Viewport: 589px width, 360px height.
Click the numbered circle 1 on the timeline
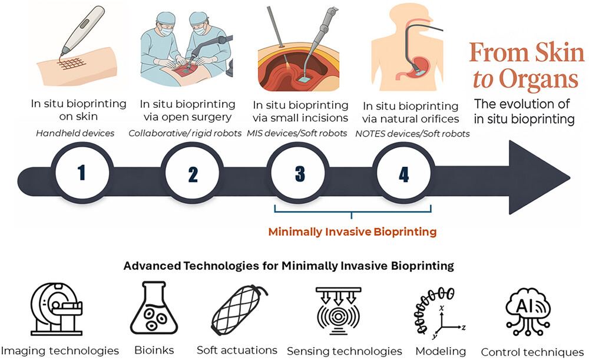[x=82, y=173]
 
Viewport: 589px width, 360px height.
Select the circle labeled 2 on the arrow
[x=193, y=174]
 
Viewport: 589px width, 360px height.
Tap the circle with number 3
[x=299, y=174]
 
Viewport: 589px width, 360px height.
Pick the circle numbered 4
[x=404, y=174]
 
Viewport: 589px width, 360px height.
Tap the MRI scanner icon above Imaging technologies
[x=56, y=309]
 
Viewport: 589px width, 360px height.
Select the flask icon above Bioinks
[x=154, y=308]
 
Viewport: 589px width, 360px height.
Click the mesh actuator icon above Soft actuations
[x=239, y=310]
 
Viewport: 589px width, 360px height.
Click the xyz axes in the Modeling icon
[x=449, y=323]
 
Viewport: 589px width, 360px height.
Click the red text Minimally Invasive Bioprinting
[x=352, y=232]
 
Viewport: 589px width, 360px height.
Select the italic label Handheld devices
[x=75, y=133]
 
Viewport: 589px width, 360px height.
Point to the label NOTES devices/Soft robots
[x=412, y=134]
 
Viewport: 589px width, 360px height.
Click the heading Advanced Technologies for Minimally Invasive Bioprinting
[x=289, y=266]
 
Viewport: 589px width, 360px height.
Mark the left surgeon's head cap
[x=165, y=17]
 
